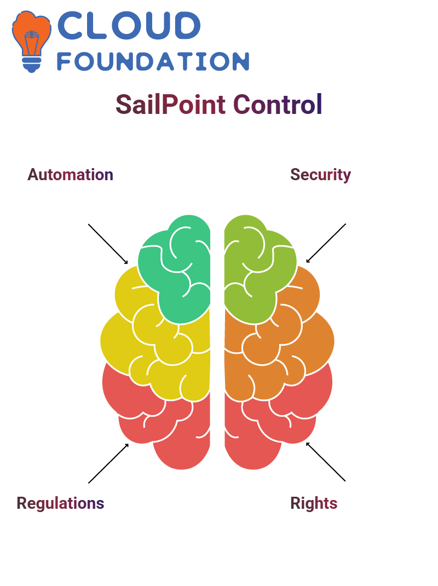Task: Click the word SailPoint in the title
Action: (x=171, y=104)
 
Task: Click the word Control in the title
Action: (x=278, y=104)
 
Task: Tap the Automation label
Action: (x=70, y=175)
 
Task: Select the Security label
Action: (x=321, y=175)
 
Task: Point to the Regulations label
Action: (x=60, y=503)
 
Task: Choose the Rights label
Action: (x=314, y=503)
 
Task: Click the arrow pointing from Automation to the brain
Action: (x=108, y=244)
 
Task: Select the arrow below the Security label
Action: (x=326, y=243)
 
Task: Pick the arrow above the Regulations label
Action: (x=108, y=463)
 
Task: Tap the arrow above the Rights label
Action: (x=326, y=462)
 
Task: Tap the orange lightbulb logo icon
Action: (x=31, y=41)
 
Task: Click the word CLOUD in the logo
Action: (x=129, y=25)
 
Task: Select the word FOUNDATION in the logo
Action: (x=153, y=61)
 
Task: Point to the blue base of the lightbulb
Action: (x=32, y=65)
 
